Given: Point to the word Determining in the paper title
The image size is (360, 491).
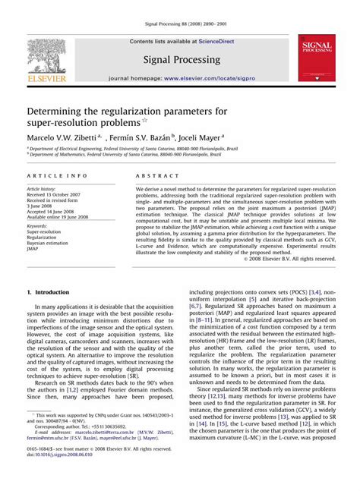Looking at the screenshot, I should point(62,111).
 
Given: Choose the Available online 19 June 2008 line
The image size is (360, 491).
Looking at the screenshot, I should point(65,217).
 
